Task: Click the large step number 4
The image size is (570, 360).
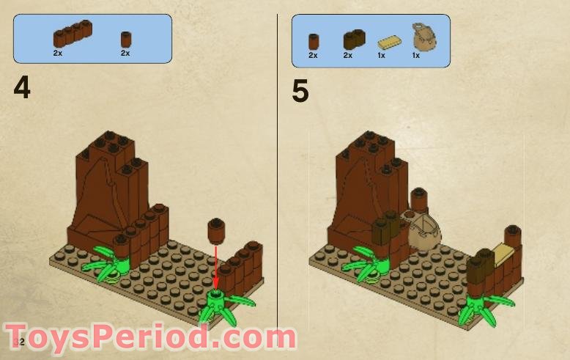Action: pyautogui.click(x=23, y=89)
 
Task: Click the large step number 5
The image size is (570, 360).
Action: pyautogui.click(x=300, y=91)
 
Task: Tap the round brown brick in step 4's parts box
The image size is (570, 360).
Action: pyautogui.click(x=125, y=38)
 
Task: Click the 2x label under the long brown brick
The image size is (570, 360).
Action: pyautogui.click(x=57, y=54)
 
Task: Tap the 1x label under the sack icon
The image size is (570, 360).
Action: pyautogui.click(x=415, y=56)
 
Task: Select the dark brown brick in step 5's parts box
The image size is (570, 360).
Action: pyautogui.click(x=353, y=38)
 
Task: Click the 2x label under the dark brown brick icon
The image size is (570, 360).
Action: pyautogui.click(x=347, y=56)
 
